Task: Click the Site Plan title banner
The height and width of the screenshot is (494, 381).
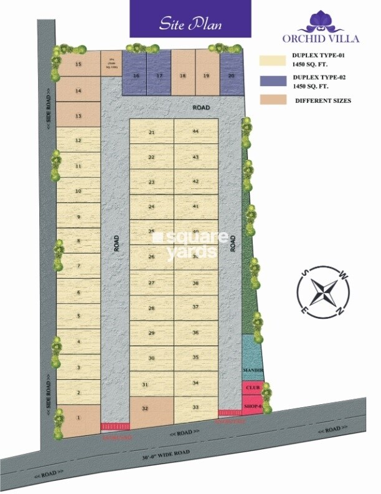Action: coord(190,19)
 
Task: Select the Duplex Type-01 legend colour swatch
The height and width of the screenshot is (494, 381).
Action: coord(272,61)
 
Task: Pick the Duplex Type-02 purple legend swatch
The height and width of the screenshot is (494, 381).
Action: coord(272,80)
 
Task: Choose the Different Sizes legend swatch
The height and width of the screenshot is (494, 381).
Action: coord(272,100)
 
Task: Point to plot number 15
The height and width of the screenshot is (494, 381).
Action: coord(78,64)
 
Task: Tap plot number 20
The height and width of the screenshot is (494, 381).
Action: coord(231,75)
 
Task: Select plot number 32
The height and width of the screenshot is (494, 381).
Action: coord(145,409)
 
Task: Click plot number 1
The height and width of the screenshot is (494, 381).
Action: coord(78,417)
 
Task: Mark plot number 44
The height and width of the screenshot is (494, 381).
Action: coord(195,132)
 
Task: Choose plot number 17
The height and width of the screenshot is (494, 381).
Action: coord(159,75)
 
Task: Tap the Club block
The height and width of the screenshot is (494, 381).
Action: coord(252,387)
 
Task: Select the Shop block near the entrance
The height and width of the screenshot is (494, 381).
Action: coord(252,406)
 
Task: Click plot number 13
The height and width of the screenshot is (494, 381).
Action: coord(78,115)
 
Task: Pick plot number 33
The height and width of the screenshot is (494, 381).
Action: coord(195,407)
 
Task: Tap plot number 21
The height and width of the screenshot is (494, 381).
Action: coord(151,132)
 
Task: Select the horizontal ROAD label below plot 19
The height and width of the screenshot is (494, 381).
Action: coord(201,108)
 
